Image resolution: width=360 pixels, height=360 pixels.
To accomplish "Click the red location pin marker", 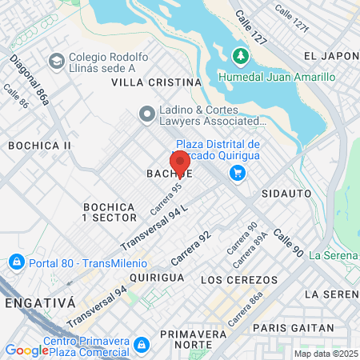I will click(x=180, y=162).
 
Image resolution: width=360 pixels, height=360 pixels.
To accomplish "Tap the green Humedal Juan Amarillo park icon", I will click(x=238, y=56).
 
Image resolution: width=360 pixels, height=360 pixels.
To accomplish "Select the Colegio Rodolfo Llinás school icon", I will click(x=56, y=61).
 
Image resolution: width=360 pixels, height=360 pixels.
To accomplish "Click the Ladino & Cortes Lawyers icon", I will click(x=146, y=114).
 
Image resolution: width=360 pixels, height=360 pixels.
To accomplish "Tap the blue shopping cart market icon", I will click(x=237, y=172).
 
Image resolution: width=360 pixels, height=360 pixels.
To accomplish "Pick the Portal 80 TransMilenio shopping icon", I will click(x=15, y=262).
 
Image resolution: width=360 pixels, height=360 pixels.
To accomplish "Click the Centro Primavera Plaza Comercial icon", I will click(x=141, y=345).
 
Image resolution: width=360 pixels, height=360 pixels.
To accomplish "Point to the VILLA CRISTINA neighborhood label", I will click(x=155, y=82).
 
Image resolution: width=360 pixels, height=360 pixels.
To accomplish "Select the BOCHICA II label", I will click(x=39, y=146).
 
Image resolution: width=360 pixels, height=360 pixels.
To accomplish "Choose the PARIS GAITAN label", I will click(x=292, y=327).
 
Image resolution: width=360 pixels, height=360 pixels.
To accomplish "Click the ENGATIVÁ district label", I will click(x=39, y=303).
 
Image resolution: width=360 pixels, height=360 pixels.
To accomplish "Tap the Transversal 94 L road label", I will click(x=154, y=227).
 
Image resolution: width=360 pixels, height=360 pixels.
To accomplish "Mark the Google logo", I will click(x=27, y=350).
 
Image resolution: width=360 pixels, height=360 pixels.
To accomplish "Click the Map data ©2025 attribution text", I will click(x=325, y=354).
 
